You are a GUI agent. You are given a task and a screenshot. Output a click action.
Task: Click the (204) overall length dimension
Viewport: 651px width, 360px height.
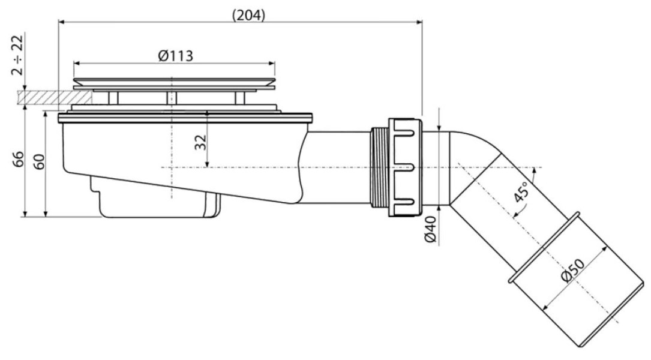(x=248, y=16)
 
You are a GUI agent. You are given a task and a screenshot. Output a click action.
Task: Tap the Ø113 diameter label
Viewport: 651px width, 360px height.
(x=176, y=56)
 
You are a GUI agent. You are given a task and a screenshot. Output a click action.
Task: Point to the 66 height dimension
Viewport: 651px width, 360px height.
(x=18, y=159)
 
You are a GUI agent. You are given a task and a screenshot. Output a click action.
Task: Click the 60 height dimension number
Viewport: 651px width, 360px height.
(x=38, y=162)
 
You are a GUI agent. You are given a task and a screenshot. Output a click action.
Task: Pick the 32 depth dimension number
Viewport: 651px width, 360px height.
(x=201, y=142)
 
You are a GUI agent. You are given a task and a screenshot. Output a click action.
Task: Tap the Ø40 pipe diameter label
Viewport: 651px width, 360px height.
(x=431, y=229)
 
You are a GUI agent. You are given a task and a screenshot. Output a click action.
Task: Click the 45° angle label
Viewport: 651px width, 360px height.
(x=521, y=192)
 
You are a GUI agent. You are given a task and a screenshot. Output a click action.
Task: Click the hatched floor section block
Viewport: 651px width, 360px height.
(x=55, y=98)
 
